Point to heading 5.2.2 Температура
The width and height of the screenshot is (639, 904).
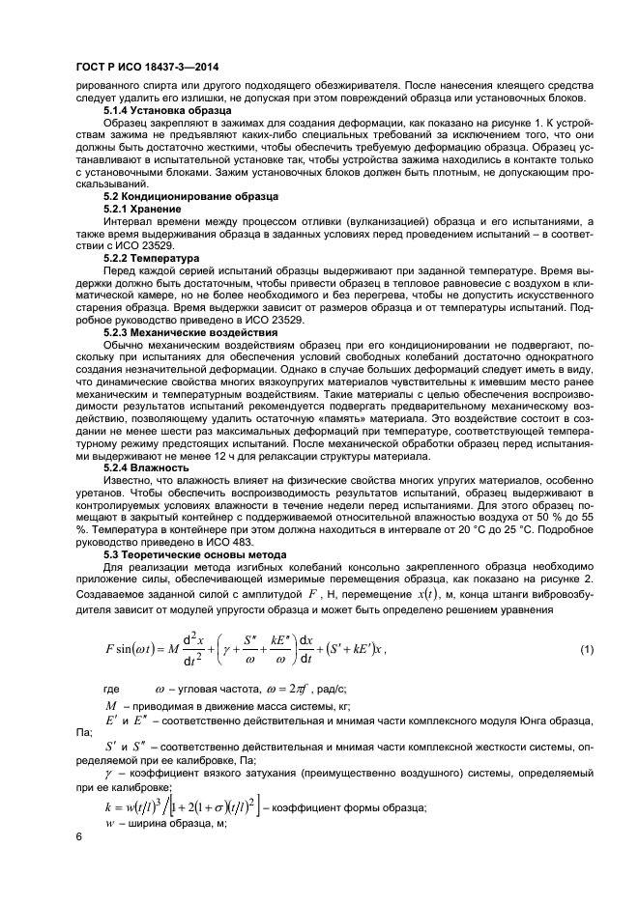click(x=151, y=259)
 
